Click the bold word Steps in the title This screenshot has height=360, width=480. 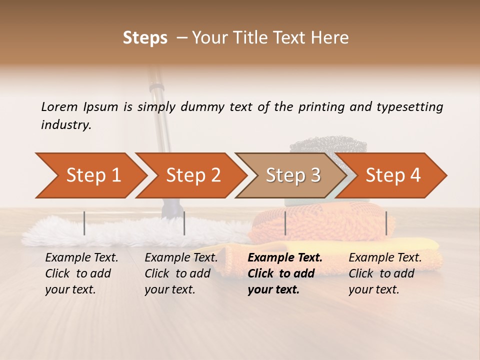(x=145, y=38)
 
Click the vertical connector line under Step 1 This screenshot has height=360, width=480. (x=84, y=223)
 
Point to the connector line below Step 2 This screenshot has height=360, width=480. (x=184, y=223)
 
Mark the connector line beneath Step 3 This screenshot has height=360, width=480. (x=285, y=223)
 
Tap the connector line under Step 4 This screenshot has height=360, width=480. (x=386, y=223)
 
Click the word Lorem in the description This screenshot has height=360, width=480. (x=59, y=106)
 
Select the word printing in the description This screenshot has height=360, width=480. (x=322, y=107)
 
